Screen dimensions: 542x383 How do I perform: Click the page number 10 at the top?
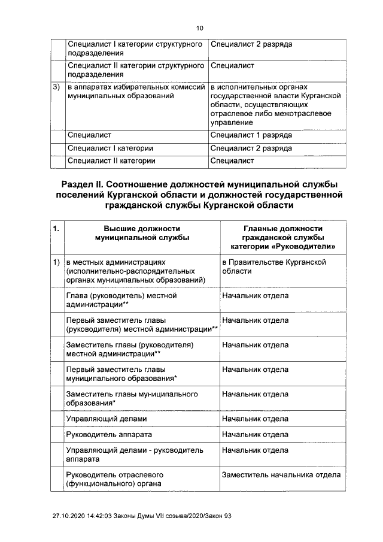coord(200,28)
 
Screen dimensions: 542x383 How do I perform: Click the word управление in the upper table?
coord(232,122)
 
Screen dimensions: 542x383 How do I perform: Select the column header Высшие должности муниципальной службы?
coord(142,233)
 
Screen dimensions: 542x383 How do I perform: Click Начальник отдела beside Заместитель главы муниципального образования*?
coord(255,395)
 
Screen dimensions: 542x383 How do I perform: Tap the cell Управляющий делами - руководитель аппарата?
coord(134,454)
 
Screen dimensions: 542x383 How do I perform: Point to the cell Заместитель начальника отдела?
coord(281,475)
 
